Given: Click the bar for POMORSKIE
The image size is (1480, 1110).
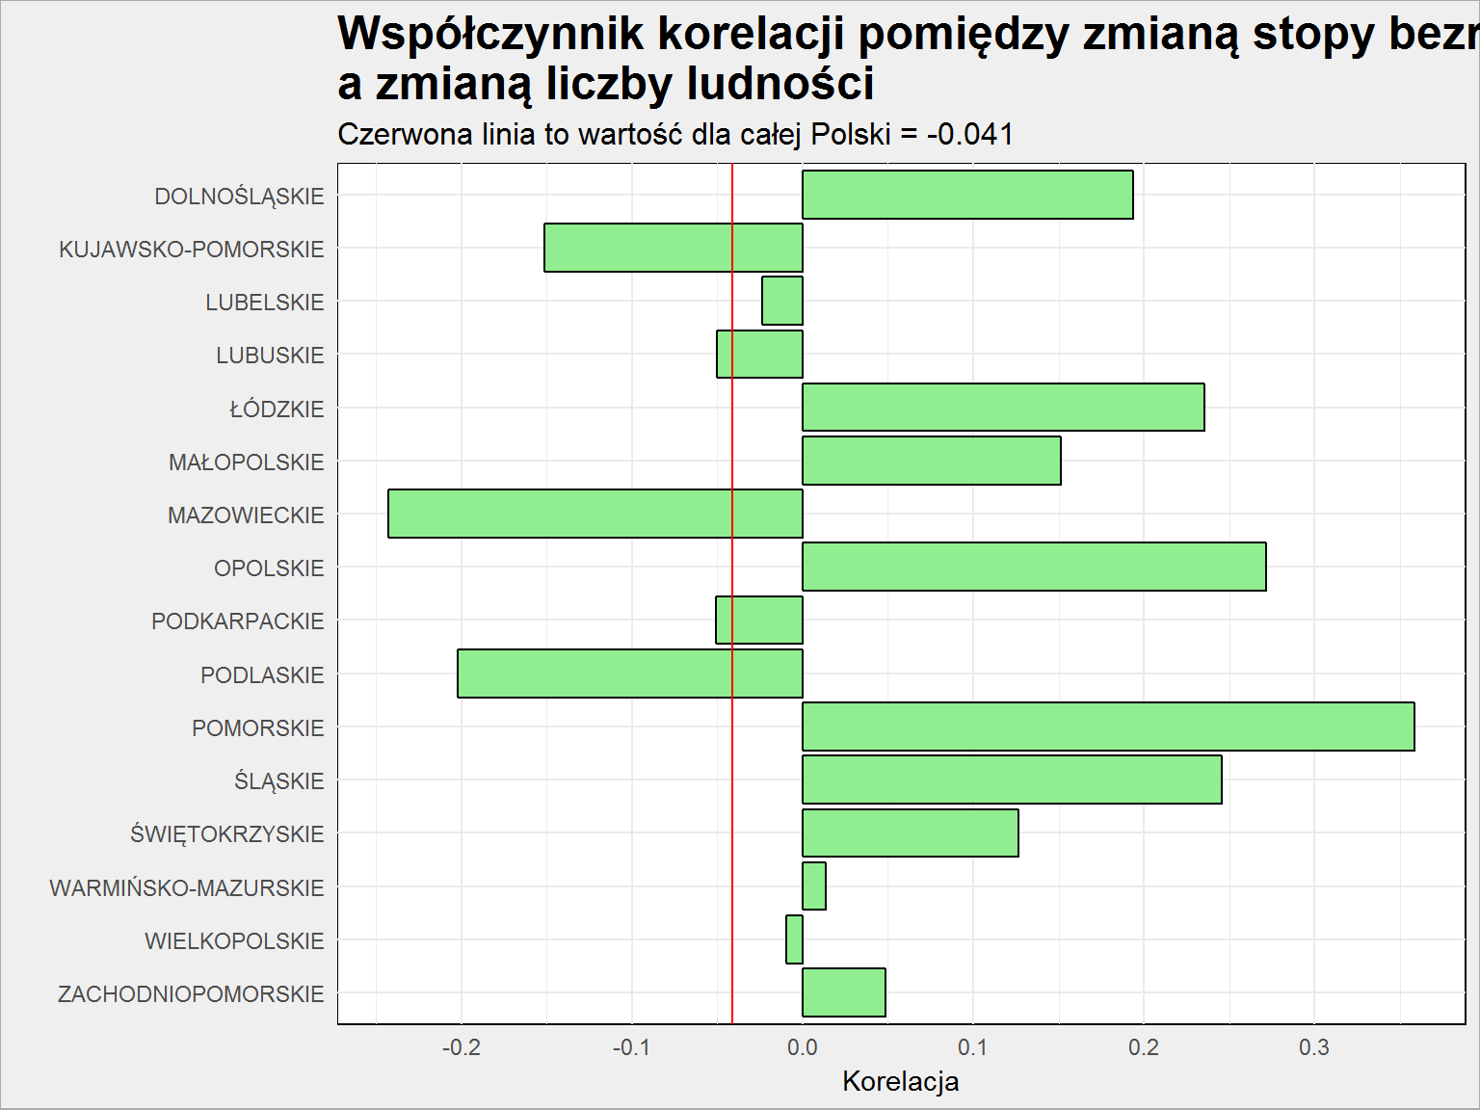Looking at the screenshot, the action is [1108, 727].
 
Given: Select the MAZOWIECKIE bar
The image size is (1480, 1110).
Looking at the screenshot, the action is [595, 514].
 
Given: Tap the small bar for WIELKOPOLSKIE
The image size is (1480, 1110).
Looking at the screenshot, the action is [794, 939].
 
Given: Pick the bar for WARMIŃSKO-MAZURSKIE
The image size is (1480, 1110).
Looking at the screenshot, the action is [814, 886].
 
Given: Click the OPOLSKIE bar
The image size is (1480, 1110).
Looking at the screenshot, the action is [1034, 567].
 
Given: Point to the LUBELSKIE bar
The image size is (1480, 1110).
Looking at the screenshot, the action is [782, 301].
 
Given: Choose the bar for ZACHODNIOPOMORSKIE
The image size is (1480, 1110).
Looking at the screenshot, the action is [843, 992].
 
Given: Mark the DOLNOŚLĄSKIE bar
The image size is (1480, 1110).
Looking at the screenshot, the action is [967, 195].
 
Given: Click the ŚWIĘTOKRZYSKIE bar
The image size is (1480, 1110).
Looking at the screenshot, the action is [911, 833].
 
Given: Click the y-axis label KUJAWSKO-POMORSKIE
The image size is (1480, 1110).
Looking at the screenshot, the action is [192, 250].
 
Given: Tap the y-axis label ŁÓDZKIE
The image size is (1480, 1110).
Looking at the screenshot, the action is [277, 410].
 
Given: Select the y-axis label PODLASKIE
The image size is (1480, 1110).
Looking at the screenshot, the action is [262, 675].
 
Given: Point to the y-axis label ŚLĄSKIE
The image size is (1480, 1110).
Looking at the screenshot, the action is [279, 780].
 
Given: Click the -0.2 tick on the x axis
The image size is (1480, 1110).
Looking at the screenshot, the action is [462, 1047].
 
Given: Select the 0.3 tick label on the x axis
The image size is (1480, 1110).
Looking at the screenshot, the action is [1314, 1047].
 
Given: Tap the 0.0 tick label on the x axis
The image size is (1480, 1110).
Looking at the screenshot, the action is [803, 1047].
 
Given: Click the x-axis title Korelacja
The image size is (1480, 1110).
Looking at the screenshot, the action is [900, 1081].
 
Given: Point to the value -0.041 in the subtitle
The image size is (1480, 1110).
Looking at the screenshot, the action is [969, 134].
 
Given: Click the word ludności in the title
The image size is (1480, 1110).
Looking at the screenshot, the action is [780, 84].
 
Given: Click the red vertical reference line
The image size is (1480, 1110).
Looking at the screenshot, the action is [732, 594].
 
